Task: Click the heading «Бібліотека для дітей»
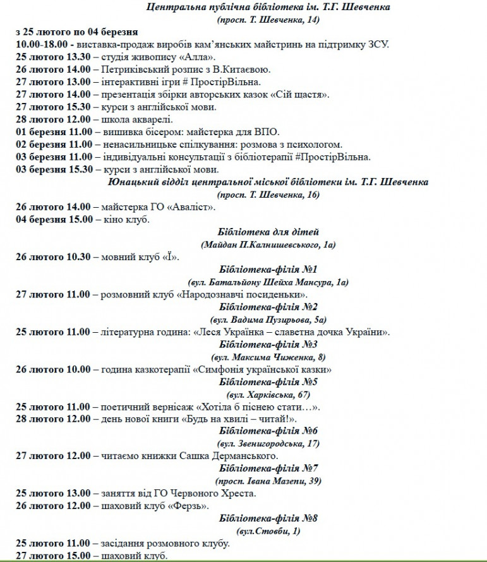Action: click(268, 232)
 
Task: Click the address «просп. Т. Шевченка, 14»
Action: click(268, 20)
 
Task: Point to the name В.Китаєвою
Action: click(244, 69)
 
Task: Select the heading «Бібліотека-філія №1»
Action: click(268, 270)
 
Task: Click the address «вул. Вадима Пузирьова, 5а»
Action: click(268, 320)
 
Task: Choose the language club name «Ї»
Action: click(170, 257)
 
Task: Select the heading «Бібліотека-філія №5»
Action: click(268, 382)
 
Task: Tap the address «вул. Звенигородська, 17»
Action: click(268, 444)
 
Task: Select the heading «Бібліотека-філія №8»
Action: click(268, 518)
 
